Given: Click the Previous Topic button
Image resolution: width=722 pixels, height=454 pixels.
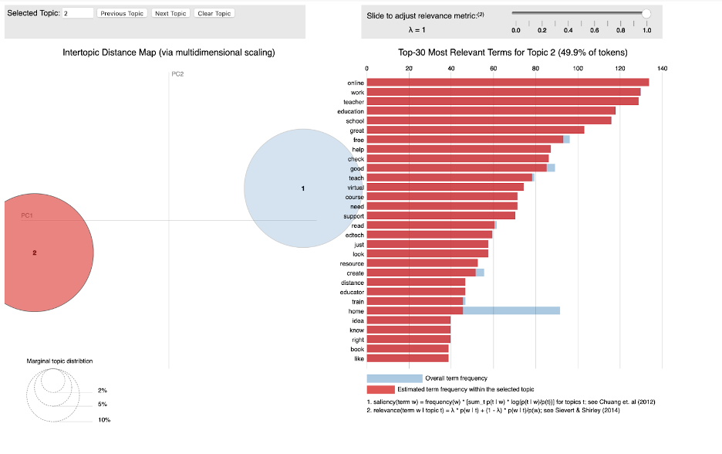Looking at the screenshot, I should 122,13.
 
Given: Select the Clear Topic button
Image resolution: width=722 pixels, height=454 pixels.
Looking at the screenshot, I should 214,13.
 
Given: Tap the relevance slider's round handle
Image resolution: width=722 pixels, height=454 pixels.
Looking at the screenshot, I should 646,13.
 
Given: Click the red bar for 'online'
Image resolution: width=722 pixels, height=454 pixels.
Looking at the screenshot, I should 508,83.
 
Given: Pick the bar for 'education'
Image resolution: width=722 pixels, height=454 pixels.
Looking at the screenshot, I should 491,111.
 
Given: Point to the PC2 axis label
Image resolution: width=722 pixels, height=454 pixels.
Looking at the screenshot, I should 177,74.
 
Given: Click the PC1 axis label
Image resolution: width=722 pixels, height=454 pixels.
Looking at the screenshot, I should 26,215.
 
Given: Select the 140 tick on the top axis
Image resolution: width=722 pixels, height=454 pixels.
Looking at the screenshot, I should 662,69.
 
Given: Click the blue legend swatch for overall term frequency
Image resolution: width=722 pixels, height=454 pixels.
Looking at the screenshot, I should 394,378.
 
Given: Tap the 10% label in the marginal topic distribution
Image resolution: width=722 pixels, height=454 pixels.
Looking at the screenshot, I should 104,419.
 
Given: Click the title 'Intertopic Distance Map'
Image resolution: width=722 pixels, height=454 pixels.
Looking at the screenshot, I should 169,53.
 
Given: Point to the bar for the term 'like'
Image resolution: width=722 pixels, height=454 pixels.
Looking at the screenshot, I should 407,358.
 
